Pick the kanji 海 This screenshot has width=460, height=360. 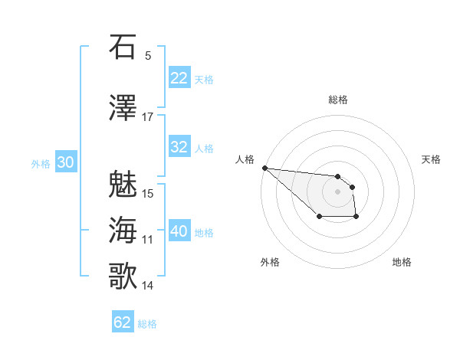tap(123, 231)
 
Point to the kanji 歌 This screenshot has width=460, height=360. tap(123, 277)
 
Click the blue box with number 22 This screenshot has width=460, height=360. tap(179, 78)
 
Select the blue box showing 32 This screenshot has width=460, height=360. tap(179, 147)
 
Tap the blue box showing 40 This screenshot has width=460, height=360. tap(179, 231)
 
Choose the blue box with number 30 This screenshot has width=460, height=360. tap(65, 162)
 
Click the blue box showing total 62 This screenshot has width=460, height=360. tap(123, 322)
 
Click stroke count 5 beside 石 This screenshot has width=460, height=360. tap(147, 56)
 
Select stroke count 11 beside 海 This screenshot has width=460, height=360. tap(147, 240)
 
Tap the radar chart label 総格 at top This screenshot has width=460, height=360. tap(338, 100)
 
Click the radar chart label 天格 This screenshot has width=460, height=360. tap(432, 159)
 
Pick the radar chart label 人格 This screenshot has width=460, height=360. tap(245, 159)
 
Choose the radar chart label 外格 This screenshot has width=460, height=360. tap(270, 263)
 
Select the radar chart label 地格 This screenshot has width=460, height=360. tap(402, 263)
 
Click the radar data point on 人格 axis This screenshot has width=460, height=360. tap(264, 168)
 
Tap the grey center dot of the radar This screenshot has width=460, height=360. tap(337, 191)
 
